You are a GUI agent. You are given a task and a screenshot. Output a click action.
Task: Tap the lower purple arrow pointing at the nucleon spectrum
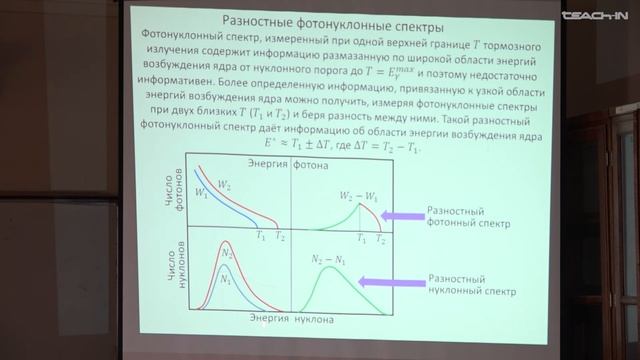399,283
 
